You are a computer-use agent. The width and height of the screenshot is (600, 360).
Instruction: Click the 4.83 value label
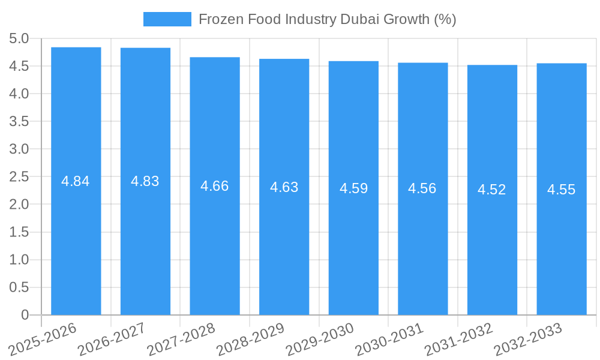point(145,181)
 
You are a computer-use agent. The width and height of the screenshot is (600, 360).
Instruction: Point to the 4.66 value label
point(214,186)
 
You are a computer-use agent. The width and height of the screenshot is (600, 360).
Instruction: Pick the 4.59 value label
point(353,188)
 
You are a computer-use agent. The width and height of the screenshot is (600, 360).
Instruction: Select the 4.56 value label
point(422,188)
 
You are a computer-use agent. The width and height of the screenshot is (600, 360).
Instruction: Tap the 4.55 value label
point(561,190)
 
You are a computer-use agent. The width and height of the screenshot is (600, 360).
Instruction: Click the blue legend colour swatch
point(167,19)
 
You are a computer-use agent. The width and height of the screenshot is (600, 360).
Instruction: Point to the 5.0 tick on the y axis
point(19,38)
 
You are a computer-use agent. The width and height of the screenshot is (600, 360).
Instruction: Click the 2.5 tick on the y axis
point(19,176)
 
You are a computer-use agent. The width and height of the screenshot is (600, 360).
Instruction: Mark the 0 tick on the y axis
point(25,315)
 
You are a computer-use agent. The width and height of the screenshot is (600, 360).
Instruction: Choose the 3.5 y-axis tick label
point(19,121)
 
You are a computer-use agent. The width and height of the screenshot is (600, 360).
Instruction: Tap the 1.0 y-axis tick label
point(19,260)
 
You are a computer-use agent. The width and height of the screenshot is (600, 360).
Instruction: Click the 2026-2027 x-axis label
point(112,338)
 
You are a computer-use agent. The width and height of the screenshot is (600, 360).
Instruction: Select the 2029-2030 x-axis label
point(320,338)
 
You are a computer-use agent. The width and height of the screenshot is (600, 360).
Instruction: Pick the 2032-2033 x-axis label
point(528,338)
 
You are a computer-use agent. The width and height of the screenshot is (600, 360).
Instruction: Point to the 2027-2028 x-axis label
point(181,338)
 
